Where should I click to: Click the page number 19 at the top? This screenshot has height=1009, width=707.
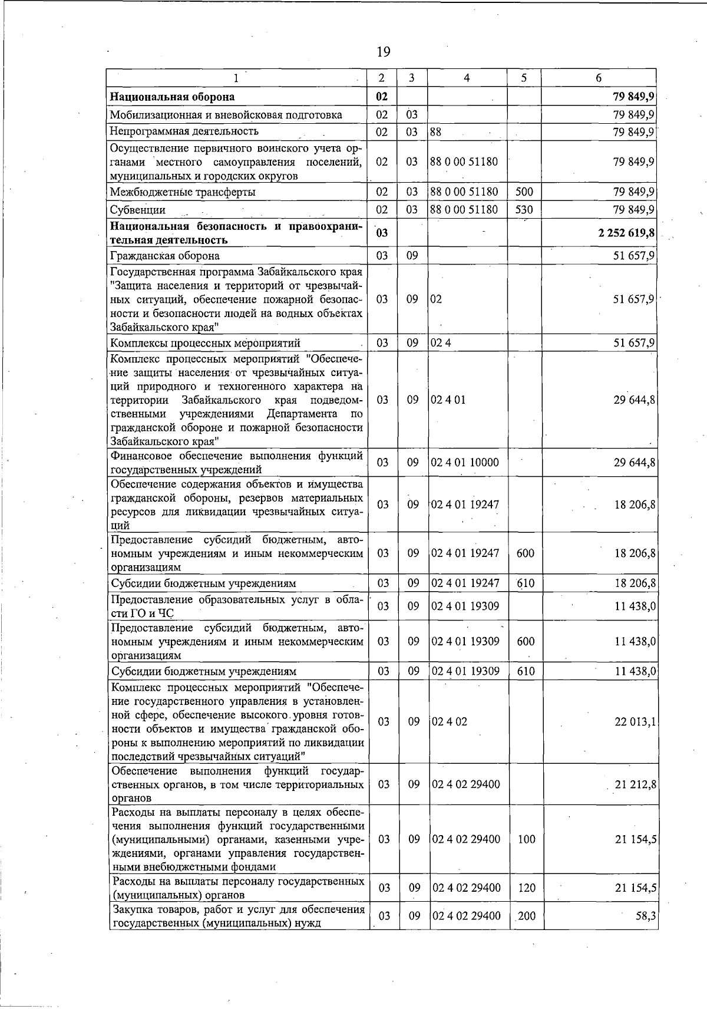point(383,52)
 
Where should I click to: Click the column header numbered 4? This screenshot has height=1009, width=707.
point(467,78)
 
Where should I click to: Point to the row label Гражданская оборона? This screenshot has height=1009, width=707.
point(166,256)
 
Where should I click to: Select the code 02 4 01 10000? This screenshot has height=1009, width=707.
point(465,463)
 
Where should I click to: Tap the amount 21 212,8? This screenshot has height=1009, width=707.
point(635,784)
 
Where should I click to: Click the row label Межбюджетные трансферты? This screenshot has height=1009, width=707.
point(183,192)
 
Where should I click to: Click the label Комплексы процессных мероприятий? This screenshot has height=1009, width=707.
point(206,343)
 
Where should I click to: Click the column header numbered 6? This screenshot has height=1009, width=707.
point(599,78)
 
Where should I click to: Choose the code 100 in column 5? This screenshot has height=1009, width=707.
point(526,839)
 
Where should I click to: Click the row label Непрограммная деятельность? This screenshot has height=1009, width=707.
point(184,131)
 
